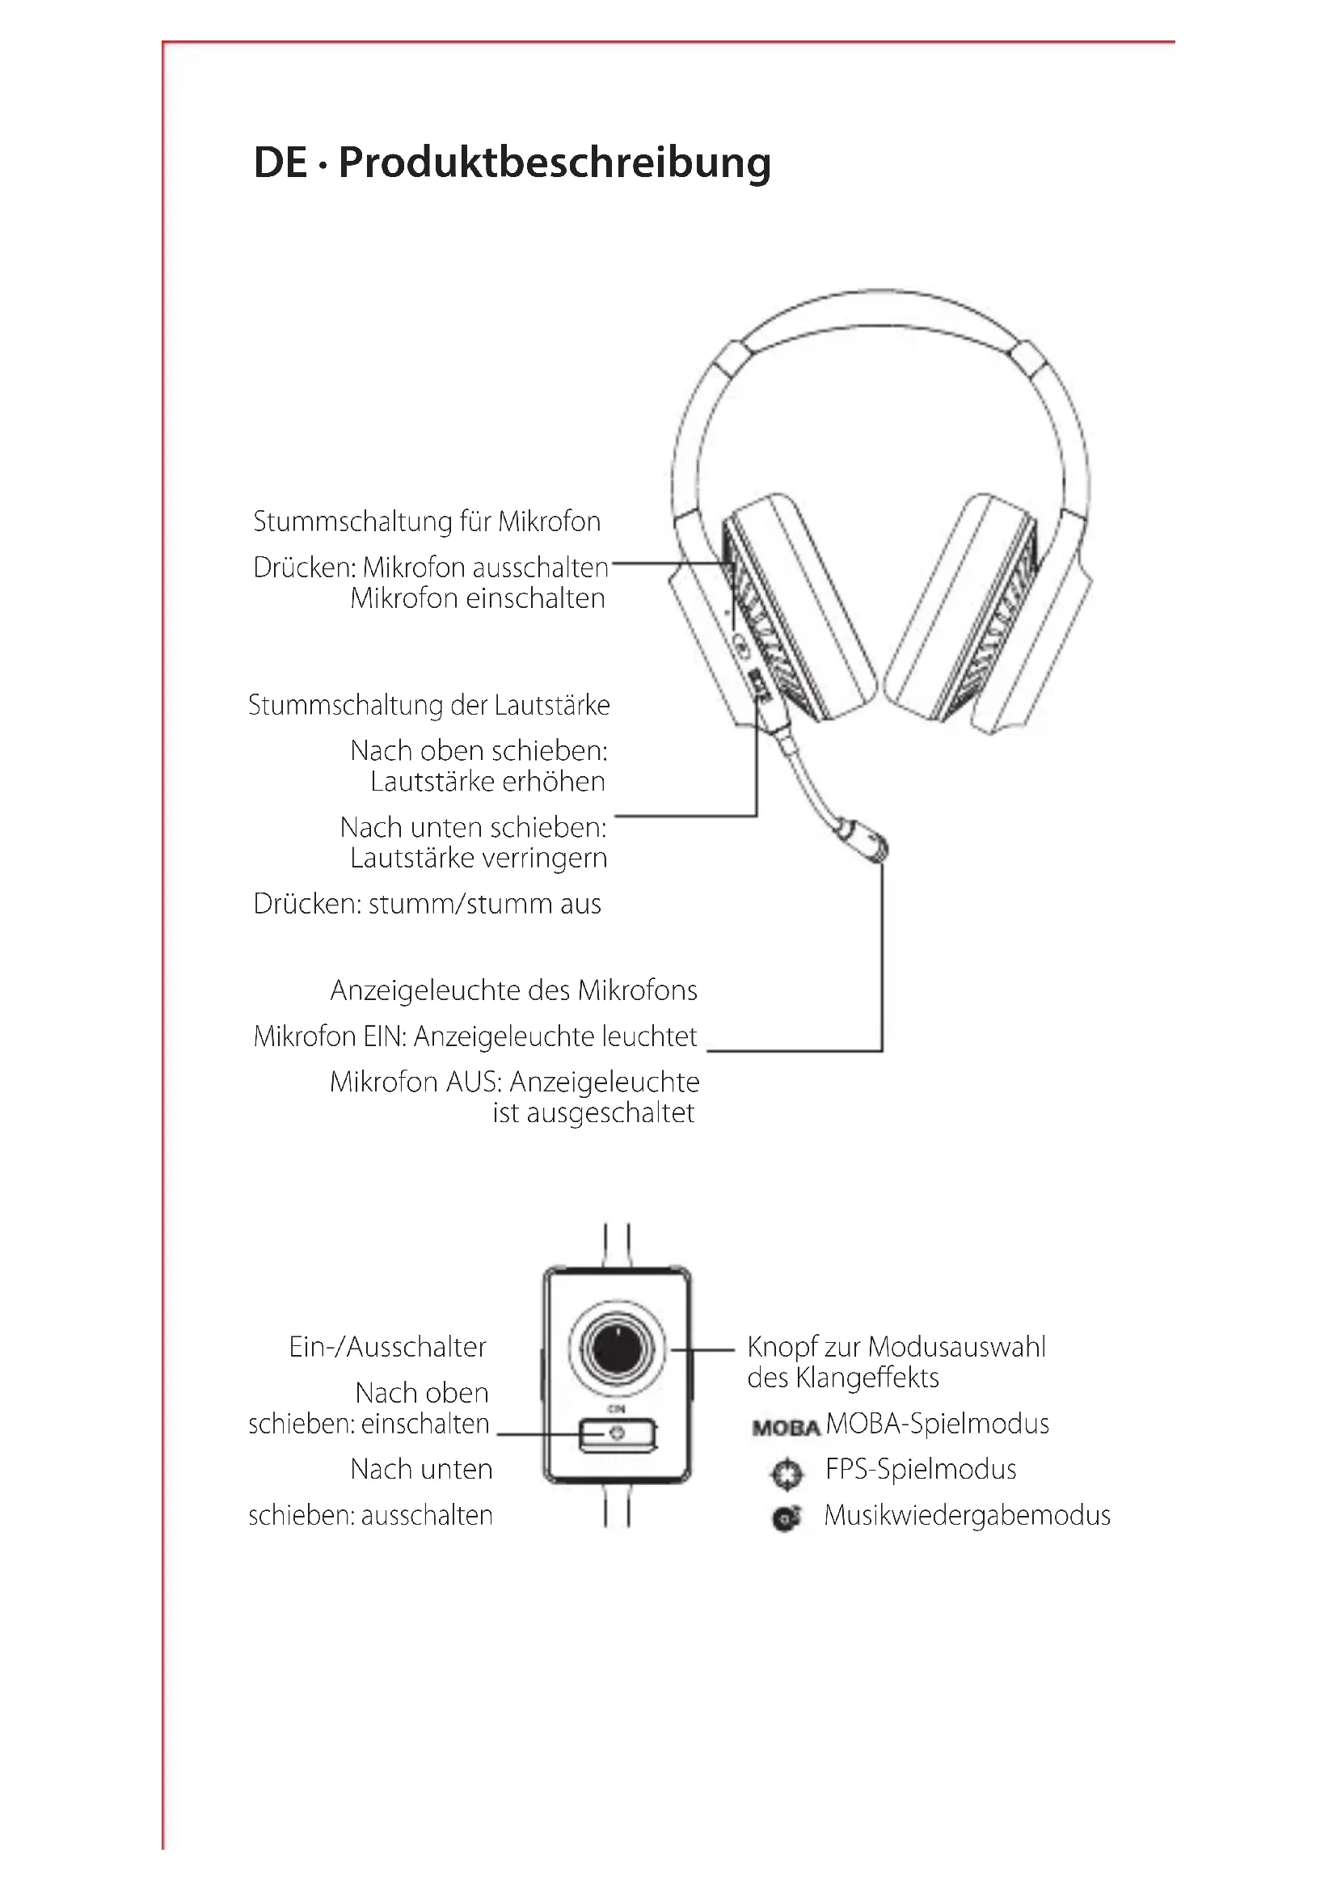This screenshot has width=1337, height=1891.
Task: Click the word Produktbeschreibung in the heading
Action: (554, 163)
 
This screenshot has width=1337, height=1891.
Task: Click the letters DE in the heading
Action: (280, 163)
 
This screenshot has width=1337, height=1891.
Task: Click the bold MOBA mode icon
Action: (786, 1427)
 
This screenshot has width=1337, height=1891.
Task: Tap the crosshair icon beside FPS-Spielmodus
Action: (787, 1472)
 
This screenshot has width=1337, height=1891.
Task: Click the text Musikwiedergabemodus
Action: (968, 1515)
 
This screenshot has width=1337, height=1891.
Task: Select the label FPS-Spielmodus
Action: (921, 1469)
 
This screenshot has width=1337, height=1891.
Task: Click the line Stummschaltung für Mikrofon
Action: (427, 521)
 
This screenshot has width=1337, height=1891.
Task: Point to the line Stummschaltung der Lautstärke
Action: (429, 705)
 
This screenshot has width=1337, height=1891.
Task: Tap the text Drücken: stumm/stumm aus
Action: (427, 904)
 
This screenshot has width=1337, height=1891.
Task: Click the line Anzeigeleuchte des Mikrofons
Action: (514, 990)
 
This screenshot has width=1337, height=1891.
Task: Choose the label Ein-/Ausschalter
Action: (387, 1347)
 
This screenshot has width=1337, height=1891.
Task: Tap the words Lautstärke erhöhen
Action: (487, 782)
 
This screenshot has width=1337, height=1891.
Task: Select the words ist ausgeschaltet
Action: (593, 1112)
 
